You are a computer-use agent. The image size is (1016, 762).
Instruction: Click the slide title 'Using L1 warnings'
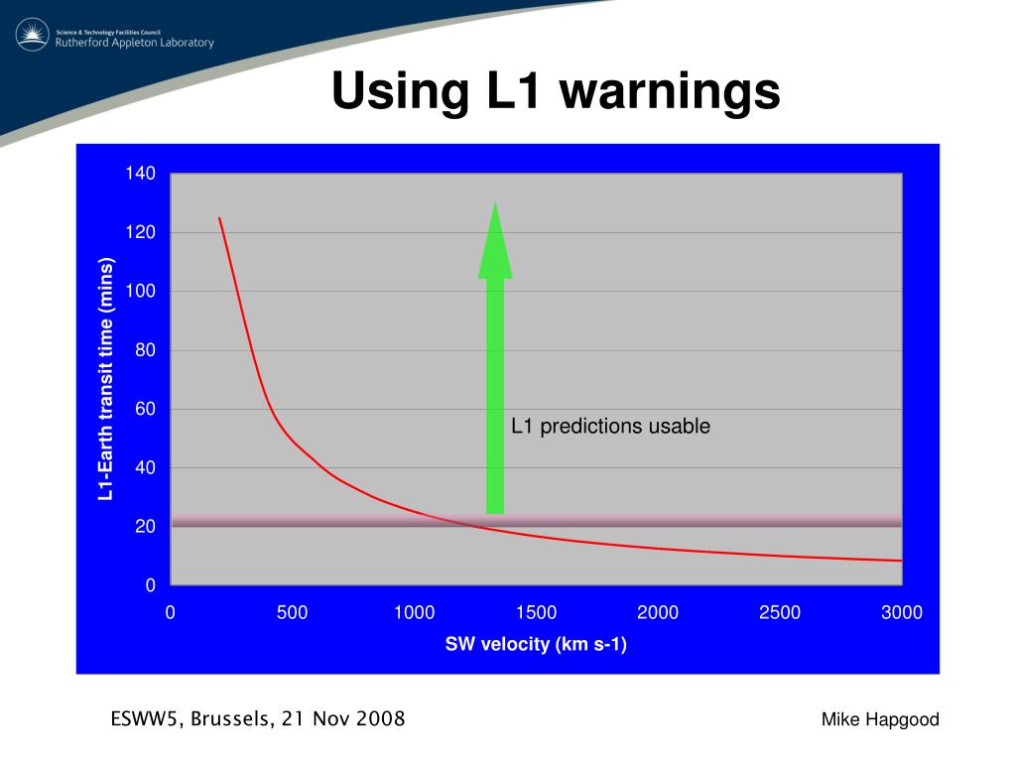coord(556,92)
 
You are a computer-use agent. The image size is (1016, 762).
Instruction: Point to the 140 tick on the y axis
coord(140,175)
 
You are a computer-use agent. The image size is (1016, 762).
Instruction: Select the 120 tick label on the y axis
coord(140,233)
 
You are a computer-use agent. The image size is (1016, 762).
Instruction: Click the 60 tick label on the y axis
coord(145,409)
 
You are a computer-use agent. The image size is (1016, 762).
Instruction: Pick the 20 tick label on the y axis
coord(145,527)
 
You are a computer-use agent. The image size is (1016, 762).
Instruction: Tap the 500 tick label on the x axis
coord(292,613)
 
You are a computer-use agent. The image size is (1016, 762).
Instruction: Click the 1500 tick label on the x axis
coord(536,613)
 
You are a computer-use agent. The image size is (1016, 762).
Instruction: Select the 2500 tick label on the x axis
coord(780,613)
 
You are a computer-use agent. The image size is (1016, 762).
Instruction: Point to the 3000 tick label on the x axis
coord(901,613)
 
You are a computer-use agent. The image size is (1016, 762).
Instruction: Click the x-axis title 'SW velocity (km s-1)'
coord(536,645)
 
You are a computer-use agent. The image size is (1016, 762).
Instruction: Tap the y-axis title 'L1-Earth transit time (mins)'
coord(106,379)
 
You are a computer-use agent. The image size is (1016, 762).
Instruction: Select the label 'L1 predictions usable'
coord(610,427)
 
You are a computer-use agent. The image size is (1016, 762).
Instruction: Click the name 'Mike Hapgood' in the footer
coord(880,720)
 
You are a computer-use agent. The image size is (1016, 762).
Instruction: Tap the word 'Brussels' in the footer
coord(231,719)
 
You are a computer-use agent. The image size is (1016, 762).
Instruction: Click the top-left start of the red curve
coord(219,218)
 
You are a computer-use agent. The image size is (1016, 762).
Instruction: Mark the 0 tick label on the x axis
coord(171,613)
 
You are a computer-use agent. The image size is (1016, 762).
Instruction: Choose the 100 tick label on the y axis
coord(140,292)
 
